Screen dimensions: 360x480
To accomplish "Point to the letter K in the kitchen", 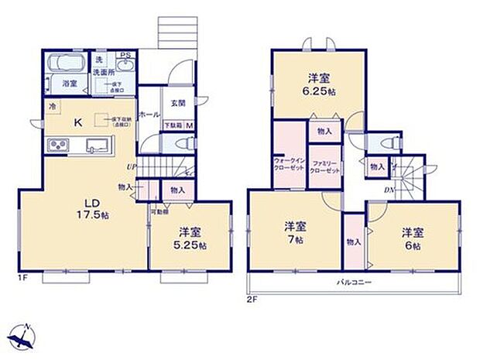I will point(79,122).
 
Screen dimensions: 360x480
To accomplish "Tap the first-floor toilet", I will point(180,144).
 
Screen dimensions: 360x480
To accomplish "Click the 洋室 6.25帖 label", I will point(317,83).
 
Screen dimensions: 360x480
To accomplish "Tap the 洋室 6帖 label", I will point(411,238).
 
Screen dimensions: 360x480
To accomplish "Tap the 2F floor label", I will point(251,299).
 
